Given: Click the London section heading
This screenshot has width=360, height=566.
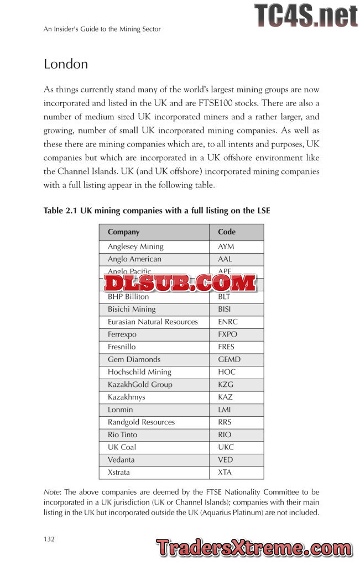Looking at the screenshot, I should click(66, 64).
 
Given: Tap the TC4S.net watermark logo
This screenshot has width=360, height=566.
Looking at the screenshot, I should click(306, 15).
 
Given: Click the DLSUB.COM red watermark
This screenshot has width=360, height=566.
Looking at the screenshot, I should click(180, 283).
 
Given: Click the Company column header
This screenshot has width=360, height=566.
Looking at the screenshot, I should click(123, 232).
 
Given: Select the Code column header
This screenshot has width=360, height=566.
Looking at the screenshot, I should click(227, 232).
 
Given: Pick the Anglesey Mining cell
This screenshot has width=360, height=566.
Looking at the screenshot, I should click(135, 247).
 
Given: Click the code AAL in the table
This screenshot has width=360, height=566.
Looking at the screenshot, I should click(225, 259).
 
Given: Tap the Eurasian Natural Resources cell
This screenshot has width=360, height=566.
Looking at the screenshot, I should click(153, 322).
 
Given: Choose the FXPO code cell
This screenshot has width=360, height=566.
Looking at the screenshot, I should click(228, 334).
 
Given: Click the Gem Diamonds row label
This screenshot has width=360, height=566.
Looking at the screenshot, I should click(134, 359).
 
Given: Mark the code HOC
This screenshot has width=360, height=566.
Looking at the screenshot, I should click(227, 372).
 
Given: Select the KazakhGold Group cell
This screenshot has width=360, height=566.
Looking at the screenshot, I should click(140, 385).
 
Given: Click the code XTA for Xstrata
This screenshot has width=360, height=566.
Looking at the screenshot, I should click(225, 473).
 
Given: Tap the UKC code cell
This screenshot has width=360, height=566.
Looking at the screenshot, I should click(226, 447).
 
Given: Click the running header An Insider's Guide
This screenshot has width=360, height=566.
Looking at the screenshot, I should click(102, 29).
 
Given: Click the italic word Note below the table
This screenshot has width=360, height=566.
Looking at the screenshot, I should click(53, 492).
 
